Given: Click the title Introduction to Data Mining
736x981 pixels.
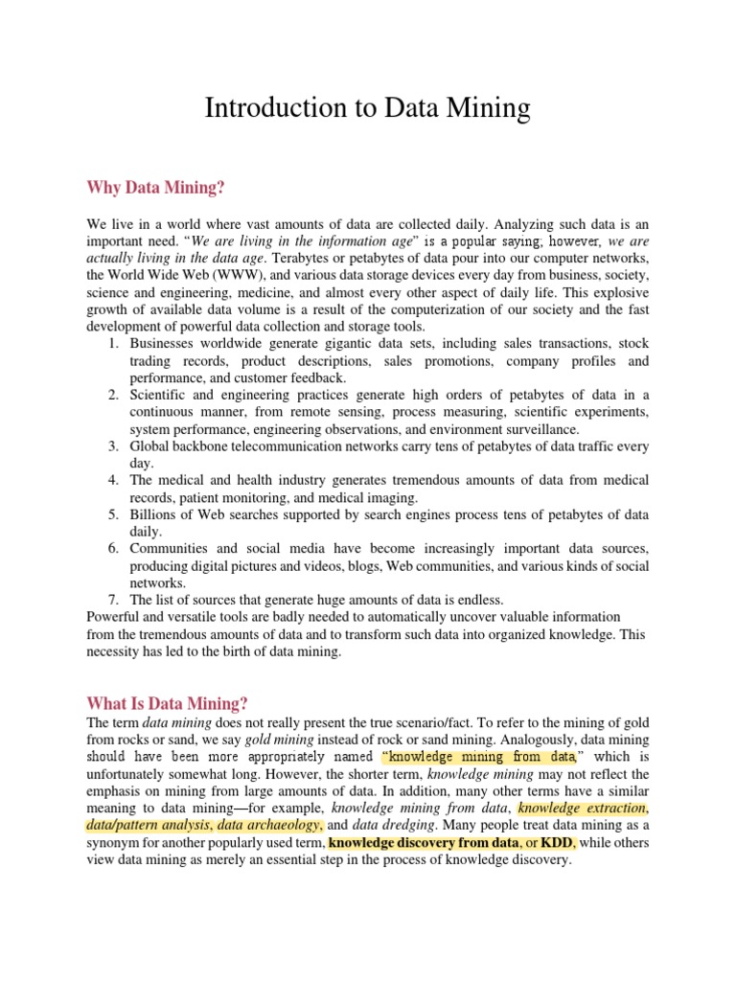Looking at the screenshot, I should (367, 108).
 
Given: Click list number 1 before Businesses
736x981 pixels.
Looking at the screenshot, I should (113, 344).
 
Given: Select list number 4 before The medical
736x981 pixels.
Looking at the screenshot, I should (113, 480).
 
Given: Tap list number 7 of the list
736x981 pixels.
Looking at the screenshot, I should (113, 599).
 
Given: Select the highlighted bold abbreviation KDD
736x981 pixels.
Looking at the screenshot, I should (556, 843).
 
